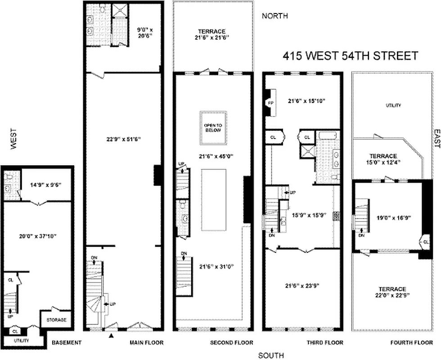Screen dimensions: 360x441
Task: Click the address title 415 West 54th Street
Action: pyautogui.click(x=350, y=56)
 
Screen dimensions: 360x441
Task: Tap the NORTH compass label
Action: pyautogui.click(x=275, y=16)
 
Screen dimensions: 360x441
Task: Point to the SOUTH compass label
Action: pyautogui.click(x=272, y=355)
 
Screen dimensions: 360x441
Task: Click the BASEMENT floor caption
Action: pyautogui.click(x=66, y=342)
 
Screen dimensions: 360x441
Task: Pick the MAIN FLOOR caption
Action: pyautogui.click(x=146, y=342)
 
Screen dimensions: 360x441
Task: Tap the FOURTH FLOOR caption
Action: pyautogui.click(x=412, y=342)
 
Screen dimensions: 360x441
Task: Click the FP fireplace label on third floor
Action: pyautogui.click(x=270, y=102)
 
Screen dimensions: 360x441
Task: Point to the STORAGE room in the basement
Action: pyautogui.click(x=56, y=320)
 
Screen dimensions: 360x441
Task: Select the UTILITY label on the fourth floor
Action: pyautogui.click(x=393, y=105)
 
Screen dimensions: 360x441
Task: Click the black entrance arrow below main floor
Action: pyautogui.click(x=111, y=334)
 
